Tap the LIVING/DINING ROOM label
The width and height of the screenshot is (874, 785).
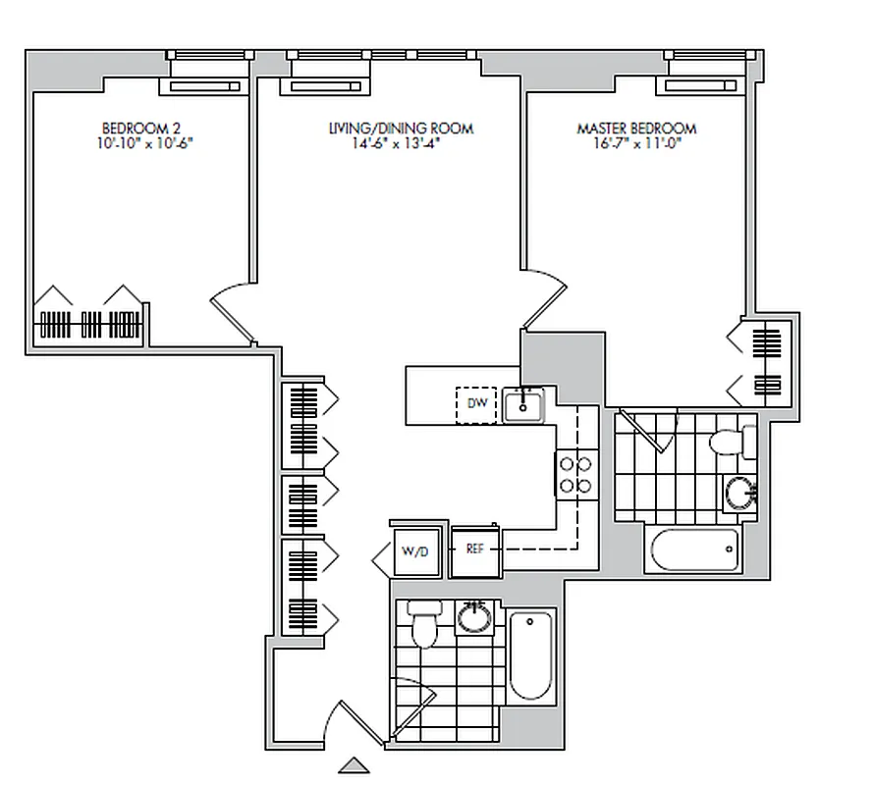coord(400,129)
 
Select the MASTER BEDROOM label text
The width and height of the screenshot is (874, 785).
coord(636,129)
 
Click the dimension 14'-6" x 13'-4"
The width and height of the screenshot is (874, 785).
coord(400,143)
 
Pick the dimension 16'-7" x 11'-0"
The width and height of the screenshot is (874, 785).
coord(636,143)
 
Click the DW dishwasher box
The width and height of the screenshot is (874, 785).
coord(477,404)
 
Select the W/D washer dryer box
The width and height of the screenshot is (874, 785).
coord(415,551)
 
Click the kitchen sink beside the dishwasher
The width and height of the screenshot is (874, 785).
coord(523,404)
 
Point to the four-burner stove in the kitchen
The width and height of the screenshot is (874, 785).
coord(574,474)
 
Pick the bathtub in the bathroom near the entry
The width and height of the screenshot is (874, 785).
coord(530,654)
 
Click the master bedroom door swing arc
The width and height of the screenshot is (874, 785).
coord(546,299)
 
